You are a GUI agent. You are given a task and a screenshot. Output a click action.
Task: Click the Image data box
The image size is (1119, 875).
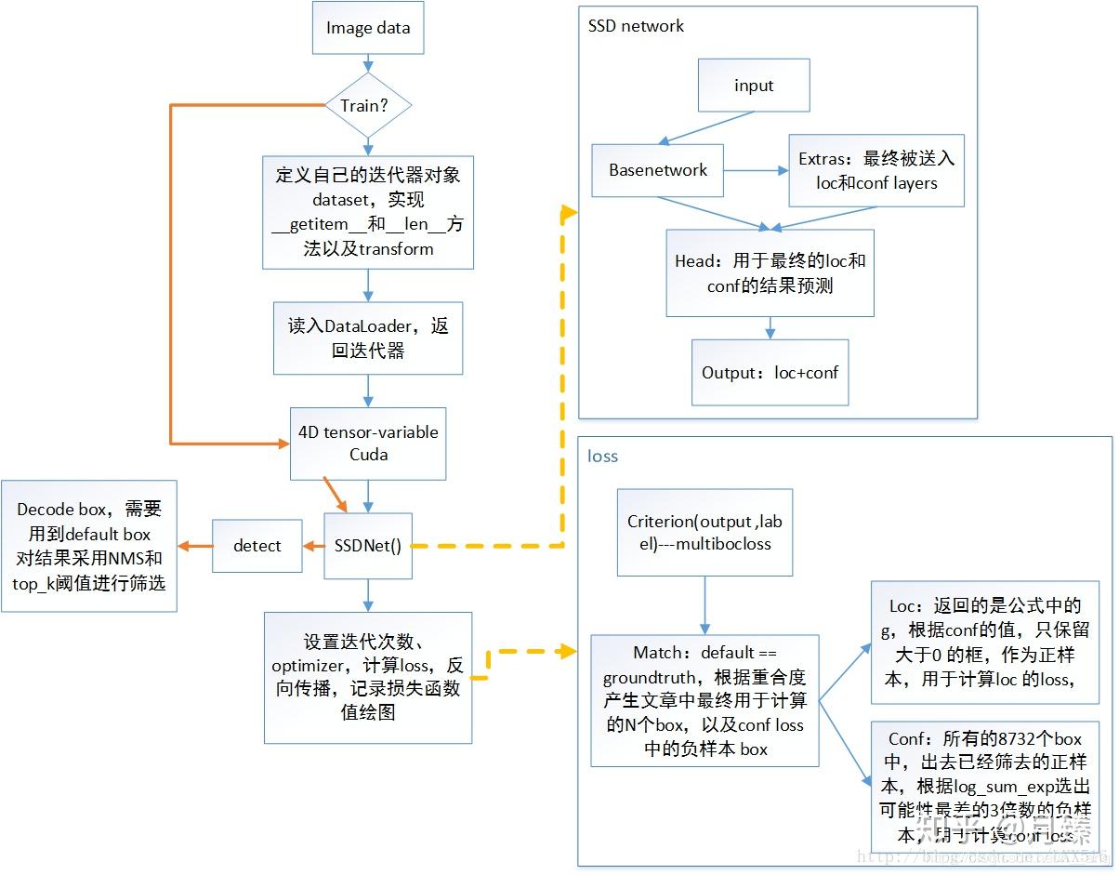[367, 28]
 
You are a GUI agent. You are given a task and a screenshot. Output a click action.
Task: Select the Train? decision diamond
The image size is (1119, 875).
[368, 105]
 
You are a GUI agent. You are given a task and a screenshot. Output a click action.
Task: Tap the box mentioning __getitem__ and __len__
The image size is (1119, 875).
[368, 212]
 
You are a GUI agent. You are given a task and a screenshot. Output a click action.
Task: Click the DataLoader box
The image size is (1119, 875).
[368, 338]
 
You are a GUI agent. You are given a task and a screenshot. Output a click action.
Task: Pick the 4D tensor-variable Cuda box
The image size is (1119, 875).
[368, 444]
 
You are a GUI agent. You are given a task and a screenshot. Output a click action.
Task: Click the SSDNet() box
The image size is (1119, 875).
[368, 546]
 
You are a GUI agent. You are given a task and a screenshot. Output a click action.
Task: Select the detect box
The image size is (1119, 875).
[257, 546]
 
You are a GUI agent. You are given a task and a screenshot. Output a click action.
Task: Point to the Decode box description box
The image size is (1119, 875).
[89, 546]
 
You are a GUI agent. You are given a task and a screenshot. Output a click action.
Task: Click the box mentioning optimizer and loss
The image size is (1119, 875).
[368, 677]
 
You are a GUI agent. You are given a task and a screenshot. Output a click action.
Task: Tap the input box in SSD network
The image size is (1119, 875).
[754, 86]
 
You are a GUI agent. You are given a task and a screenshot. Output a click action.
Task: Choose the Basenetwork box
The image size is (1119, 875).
[658, 170]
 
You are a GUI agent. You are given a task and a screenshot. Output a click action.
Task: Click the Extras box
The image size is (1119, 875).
[876, 170]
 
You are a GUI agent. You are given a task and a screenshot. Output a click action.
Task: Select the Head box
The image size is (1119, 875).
[770, 273]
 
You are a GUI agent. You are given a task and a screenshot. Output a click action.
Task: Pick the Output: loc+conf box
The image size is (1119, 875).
[770, 372]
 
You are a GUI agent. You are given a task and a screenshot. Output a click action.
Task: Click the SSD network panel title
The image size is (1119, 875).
[636, 26]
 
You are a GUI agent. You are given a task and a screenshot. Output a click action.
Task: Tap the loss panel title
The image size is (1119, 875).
[603, 457]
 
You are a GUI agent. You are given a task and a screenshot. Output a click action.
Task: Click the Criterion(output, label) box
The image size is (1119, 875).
[704, 533]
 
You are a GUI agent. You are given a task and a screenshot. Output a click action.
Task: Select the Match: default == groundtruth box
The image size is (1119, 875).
[704, 700]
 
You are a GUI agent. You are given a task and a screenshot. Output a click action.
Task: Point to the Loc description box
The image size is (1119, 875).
[984, 642]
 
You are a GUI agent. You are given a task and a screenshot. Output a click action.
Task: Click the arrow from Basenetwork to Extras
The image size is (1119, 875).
[755, 170]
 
